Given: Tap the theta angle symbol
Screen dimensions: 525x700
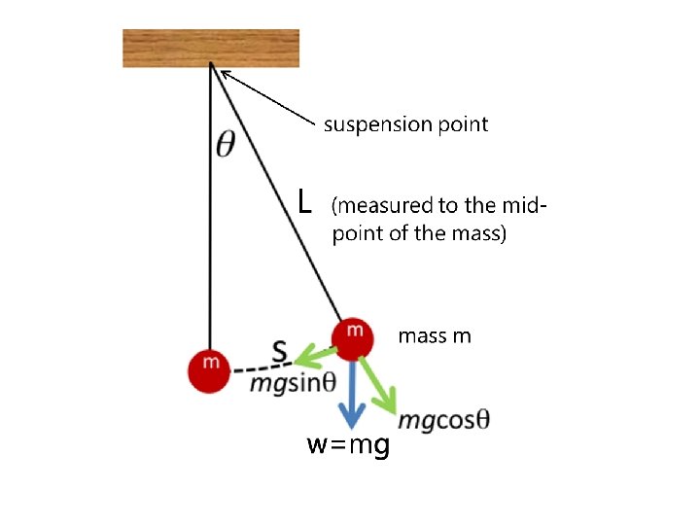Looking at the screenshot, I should tap(225, 145).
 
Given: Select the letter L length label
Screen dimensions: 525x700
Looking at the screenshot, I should tap(305, 202).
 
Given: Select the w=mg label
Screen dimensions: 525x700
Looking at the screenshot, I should tap(349, 446).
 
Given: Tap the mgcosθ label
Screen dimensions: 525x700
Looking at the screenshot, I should tap(443, 420).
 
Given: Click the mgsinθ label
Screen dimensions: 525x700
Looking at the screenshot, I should tap(291, 382).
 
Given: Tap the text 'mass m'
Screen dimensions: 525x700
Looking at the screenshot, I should tap(435, 336).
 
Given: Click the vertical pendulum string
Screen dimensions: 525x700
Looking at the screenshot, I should tap(211, 214).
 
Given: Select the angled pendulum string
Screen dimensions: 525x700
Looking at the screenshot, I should tap(277, 194).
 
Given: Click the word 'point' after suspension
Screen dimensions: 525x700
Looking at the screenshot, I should tap(465, 124).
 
